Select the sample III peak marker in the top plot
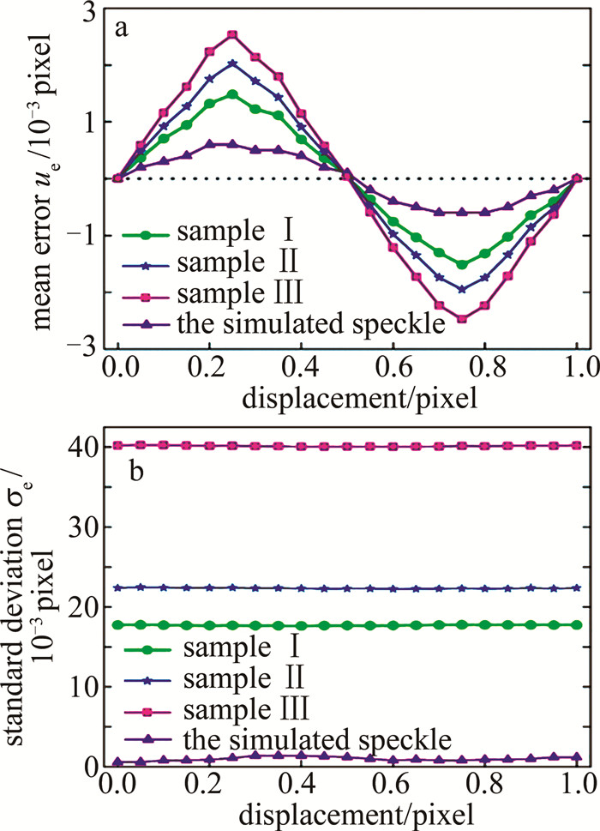click(231, 34)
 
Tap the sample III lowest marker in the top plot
click(462, 318)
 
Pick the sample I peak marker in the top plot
click(231, 94)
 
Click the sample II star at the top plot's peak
click(231, 63)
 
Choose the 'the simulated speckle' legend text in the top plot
click(278, 322)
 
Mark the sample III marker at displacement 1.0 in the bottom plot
click(578, 445)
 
